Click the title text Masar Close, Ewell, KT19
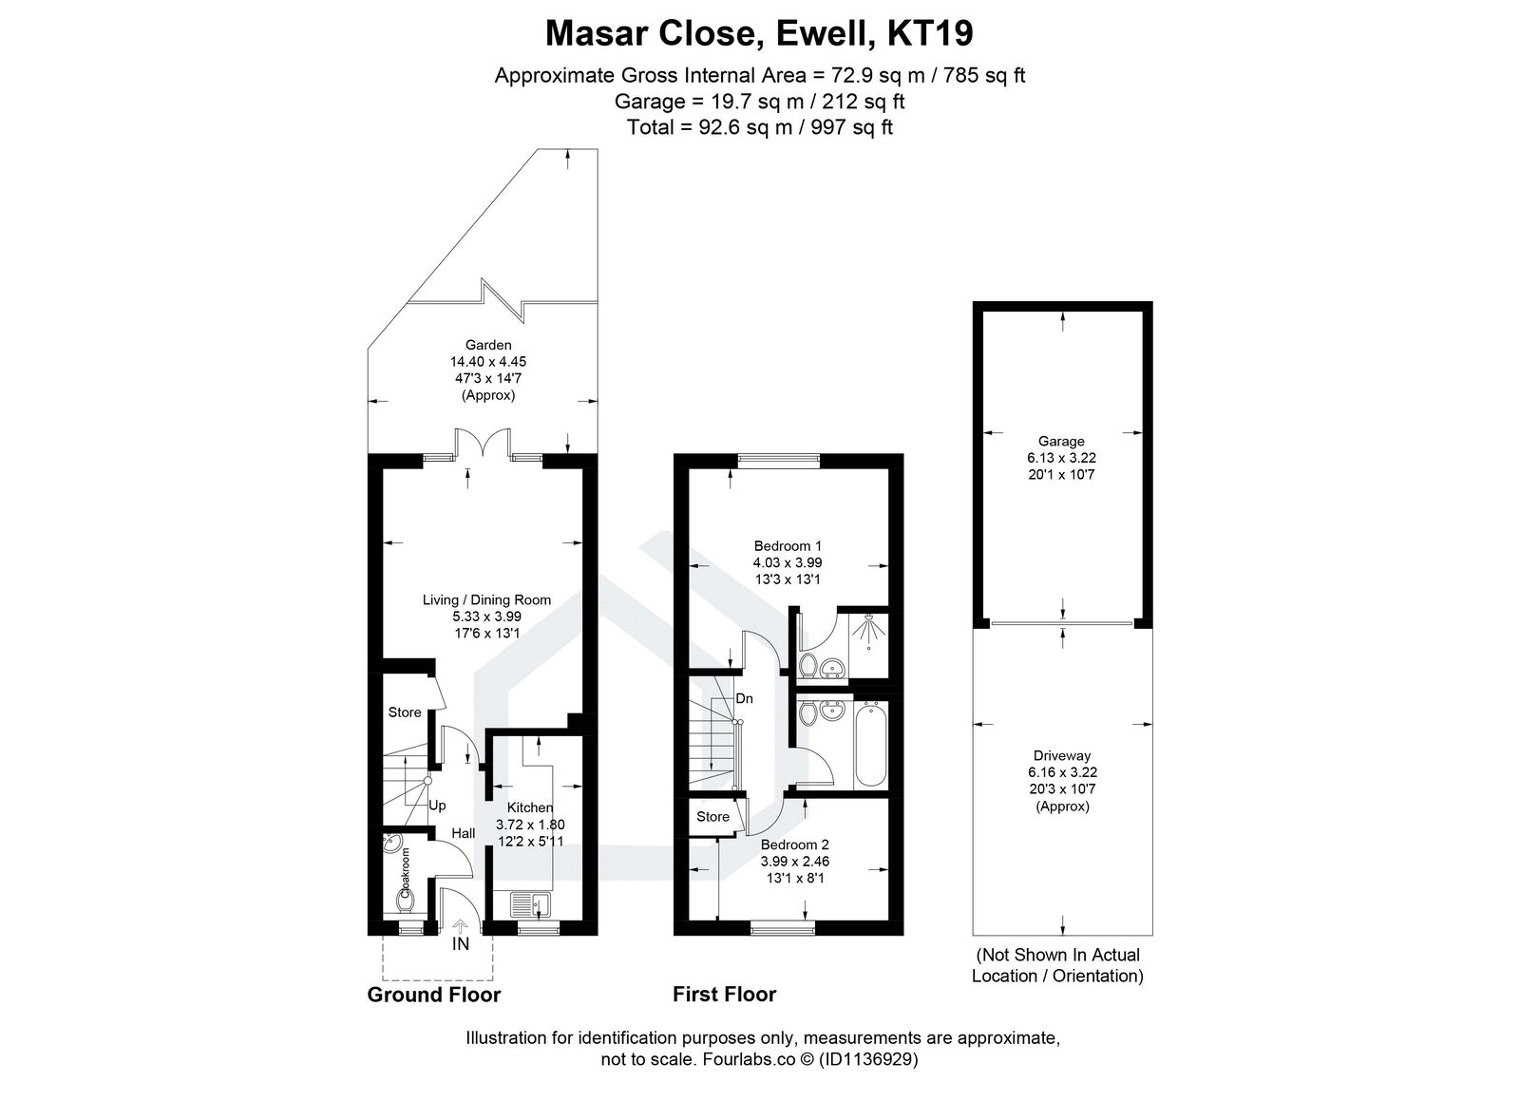(x=759, y=34)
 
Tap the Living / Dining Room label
(x=486, y=599)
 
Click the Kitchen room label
(x=530, y=807)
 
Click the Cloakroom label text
(x=405, y=873)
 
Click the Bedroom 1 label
(x=788, y=546)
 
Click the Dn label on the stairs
(x=744, y=698)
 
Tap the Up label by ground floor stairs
(x=437, y=806)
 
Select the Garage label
(x=1061, y=441)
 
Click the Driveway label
(x=1062, y=756)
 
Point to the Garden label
(x=487, y=345)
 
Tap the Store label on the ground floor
(x=405, y=712)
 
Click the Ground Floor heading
(x=433, y=995)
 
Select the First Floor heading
(x=724, y=995)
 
